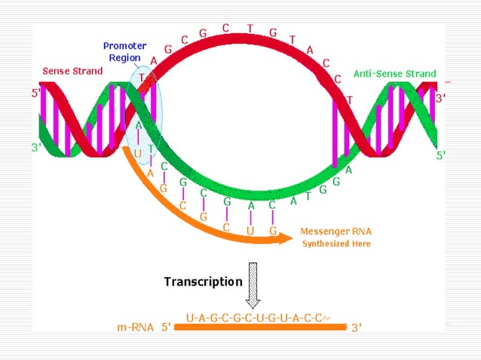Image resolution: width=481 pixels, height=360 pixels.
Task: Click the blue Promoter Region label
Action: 124,52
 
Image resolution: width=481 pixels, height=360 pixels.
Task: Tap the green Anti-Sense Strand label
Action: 395,74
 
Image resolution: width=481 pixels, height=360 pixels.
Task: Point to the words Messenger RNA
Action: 335,231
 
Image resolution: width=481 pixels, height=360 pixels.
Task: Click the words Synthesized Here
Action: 336,244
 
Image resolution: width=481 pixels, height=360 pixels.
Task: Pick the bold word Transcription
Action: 204,282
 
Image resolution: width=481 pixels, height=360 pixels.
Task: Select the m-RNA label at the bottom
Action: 136,327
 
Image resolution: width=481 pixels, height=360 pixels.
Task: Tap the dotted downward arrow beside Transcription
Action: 253,285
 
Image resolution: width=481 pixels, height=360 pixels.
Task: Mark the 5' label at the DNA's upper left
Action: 35,95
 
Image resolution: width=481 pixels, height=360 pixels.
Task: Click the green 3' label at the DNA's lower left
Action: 35,148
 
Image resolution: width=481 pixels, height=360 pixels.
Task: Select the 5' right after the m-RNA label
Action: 167,328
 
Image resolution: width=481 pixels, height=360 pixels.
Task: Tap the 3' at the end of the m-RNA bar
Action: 357,328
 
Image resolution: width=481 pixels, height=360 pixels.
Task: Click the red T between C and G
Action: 250,29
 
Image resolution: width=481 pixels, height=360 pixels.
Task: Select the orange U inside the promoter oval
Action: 138,153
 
